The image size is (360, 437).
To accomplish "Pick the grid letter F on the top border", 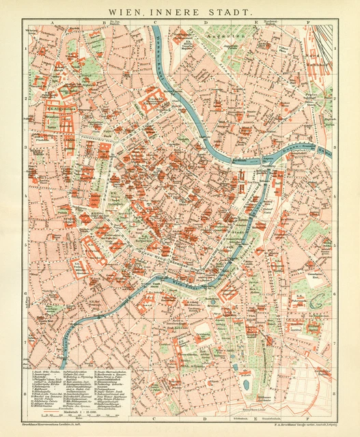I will click(x=309, y=23).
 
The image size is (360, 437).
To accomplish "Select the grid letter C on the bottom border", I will click(x=156, y=418).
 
